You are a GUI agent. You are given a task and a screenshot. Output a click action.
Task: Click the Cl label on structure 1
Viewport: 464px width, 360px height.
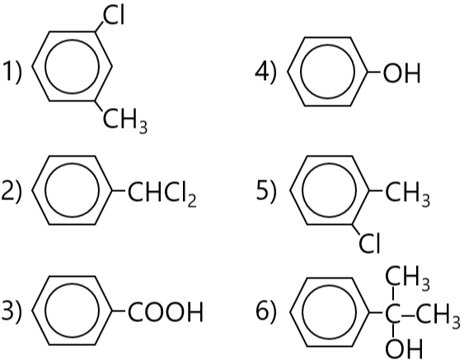pyautogui.click(x=114, y=16)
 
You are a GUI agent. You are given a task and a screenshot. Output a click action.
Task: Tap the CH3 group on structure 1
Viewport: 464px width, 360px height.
pyautogui.click(x=125, y=119)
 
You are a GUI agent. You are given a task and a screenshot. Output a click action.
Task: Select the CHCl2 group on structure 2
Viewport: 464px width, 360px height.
pyautogui.click(x=162, y=193)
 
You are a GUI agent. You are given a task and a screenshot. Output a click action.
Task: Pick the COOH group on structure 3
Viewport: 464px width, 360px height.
pyautogui.click(x=166, y=311)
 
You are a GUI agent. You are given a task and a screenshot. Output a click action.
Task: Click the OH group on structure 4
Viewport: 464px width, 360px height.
pyautogui.click(x=402, y=72)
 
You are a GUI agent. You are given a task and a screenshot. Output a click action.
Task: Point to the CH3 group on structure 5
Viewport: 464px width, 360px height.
pyautogui.click(x=407, y=193)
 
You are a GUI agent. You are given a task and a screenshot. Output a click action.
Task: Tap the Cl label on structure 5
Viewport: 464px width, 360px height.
pyautogui.click(x=369, y=244)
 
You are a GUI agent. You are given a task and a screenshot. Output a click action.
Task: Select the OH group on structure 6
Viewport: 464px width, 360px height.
pyautogui.click(x=404, y=349)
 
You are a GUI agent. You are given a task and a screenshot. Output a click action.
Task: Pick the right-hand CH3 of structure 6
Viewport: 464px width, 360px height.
pyautogui.click(x=438, y=316)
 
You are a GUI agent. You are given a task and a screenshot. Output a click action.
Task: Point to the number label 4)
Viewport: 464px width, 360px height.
pyautogui.click(x=265, y=72)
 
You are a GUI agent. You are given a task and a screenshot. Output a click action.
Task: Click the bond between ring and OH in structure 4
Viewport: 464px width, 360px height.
pyautogui.click(x=375, y=72)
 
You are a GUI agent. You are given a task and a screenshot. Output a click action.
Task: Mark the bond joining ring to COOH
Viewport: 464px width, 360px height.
pyautogui.click(x=119, y=311)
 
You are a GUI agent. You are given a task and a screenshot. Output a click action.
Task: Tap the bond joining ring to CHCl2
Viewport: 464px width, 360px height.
pyautogui.click(x=119, y=191)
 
